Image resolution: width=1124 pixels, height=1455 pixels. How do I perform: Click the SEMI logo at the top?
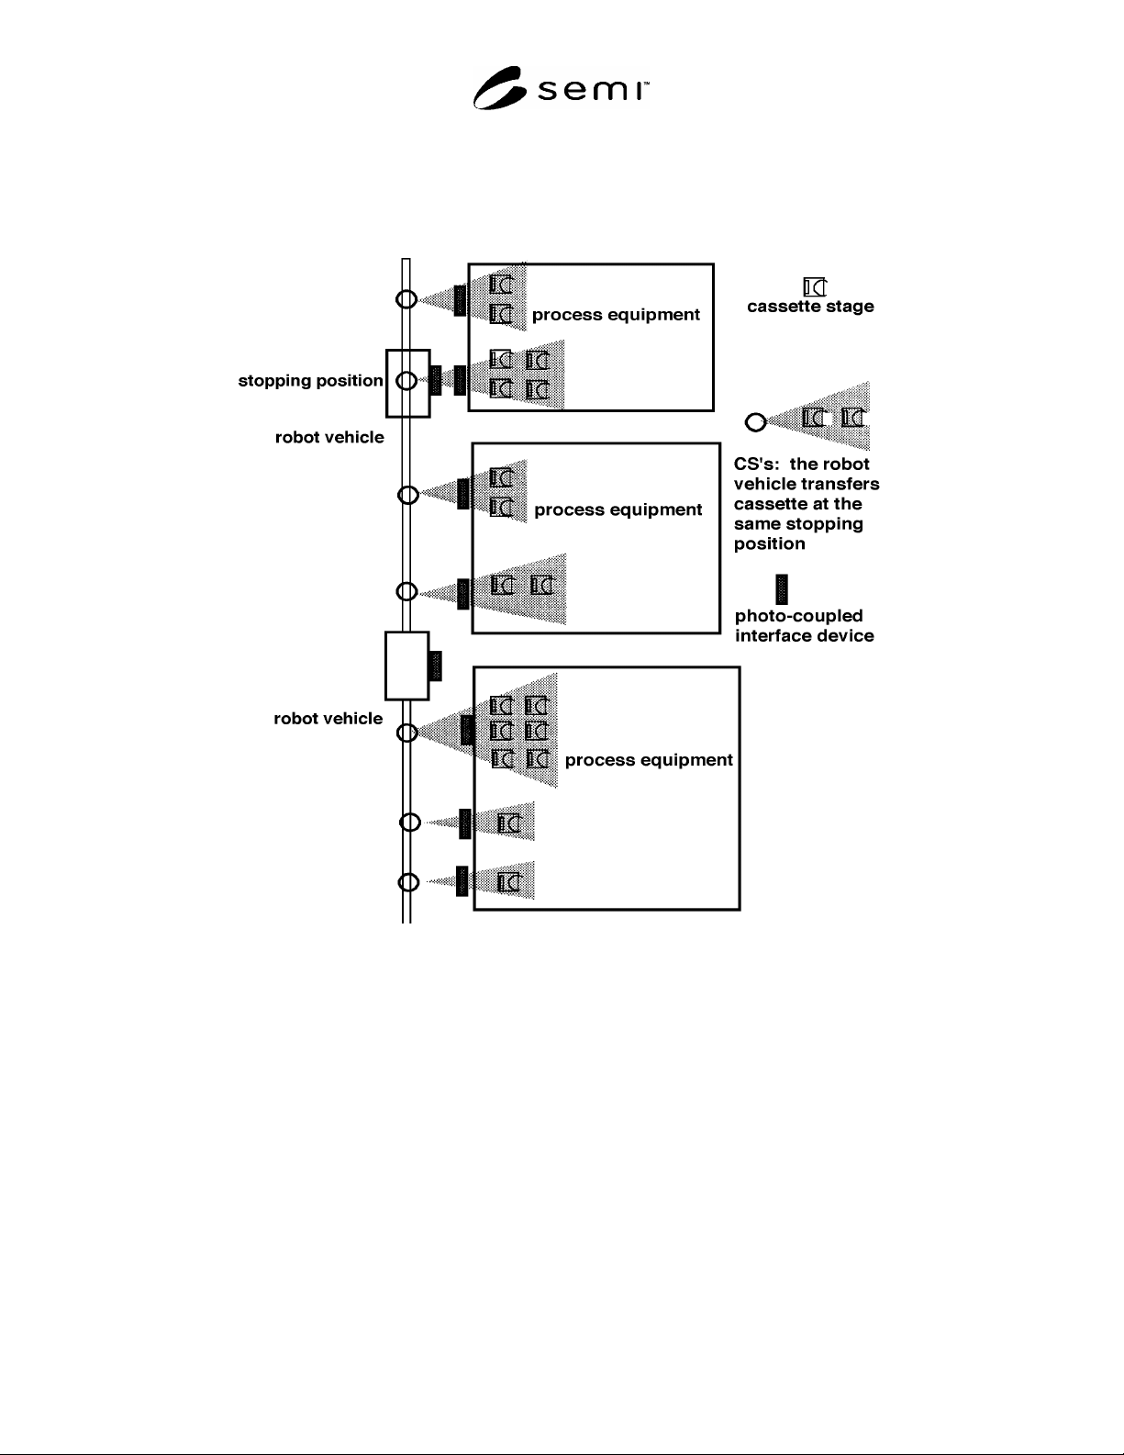561,88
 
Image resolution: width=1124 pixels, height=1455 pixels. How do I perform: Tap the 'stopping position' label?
310,381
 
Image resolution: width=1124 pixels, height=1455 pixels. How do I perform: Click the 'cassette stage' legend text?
810,307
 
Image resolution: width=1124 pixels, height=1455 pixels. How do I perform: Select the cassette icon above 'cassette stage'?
815,286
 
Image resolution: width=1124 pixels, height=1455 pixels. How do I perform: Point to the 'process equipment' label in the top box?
616,315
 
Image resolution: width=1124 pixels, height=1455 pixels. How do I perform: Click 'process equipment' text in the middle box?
618,509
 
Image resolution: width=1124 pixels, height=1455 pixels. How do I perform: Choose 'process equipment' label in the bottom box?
649,760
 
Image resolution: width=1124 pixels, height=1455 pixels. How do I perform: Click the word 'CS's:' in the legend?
757,464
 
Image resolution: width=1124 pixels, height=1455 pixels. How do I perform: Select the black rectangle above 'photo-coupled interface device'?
782,589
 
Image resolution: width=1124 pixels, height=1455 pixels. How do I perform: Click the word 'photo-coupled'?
799,616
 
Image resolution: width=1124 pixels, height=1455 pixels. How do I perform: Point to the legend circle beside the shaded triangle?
755,422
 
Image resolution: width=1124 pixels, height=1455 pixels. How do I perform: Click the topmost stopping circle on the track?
406,299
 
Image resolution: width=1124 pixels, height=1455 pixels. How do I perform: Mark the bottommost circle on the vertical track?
409,882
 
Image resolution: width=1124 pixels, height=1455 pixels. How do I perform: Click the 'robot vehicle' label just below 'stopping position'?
329,437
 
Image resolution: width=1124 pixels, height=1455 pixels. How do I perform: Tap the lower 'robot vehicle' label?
328,719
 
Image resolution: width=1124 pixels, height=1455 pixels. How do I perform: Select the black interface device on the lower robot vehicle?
435,666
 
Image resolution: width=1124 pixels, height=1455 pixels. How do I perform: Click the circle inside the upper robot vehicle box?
406,381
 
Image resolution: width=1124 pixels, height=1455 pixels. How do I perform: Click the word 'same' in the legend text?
752,524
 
